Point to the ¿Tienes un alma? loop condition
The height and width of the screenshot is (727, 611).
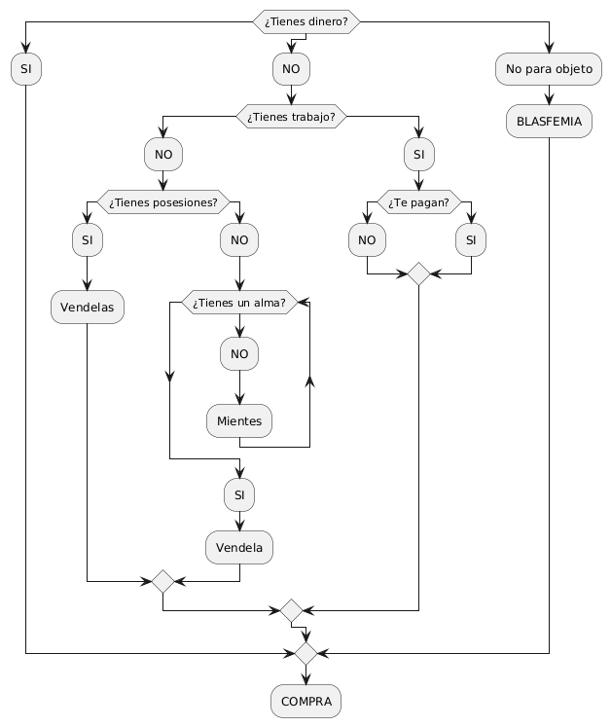[x=239, y=304]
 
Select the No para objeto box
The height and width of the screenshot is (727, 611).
[x=550, y=69]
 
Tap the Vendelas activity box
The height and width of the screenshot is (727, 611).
[x=88, y=308]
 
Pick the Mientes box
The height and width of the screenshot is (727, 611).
[x=239, y=420]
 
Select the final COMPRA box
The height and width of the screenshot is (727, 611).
[x=305, y=701]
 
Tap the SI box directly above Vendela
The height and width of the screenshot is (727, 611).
[x=239, y=495]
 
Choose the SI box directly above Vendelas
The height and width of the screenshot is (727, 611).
[x=88, y=238]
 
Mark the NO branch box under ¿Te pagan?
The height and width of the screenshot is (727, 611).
[x=366, y=238]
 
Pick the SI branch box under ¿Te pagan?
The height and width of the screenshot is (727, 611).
[x=472, y=238]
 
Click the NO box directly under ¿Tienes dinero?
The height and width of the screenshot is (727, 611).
[x=291, y=69]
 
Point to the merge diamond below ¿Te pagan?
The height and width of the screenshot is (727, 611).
[x=418, y=274]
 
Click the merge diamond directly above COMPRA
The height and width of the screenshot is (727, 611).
[x=305, y=652]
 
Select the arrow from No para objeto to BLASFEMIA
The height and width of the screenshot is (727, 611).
[x=550, y=94]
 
